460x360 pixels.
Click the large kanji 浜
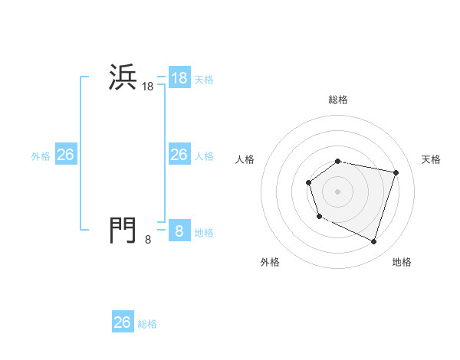pos(123,78)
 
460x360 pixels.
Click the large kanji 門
pos(123,229)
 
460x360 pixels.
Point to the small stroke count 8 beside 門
pos(148,240)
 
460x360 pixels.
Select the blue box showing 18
pos(179,78)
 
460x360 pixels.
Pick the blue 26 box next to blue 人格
pos(179,155)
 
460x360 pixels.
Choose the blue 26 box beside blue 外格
pos(65,155)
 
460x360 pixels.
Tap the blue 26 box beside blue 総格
pos(123,322)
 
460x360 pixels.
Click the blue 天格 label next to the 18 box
pos(204,79)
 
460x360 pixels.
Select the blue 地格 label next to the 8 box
pos(204,232)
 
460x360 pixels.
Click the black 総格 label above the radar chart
pos(338,100)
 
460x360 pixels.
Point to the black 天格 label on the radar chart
pos(431,159)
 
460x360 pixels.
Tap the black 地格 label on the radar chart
pos(402,262)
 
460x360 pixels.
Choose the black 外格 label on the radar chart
pos(270,262)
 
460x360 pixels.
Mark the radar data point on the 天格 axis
pos(396,173)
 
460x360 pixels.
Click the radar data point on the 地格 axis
pos(373,241)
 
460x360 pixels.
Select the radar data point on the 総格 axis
pos(338,161)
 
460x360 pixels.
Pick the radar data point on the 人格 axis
pos(308,182)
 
